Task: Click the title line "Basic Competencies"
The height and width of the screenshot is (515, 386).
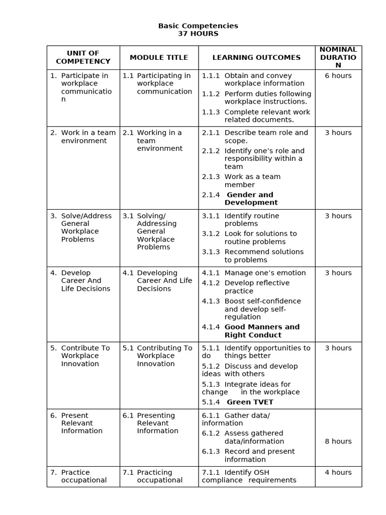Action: [198, 26]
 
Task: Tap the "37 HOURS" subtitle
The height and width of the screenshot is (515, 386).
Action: [198, 34]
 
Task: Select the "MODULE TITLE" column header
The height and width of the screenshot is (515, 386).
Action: [159, 57]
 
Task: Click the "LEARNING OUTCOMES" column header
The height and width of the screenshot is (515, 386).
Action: [256, 57]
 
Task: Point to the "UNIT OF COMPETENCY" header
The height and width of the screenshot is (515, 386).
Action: [83, 57]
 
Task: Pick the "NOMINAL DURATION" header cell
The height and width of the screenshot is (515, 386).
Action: [338, 57]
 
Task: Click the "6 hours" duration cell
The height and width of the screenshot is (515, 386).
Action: [338, 76]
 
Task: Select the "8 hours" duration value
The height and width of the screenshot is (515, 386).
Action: [338, 442]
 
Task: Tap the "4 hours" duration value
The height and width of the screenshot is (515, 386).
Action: [338, 473]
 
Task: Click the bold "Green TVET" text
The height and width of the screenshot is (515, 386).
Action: [250, 402]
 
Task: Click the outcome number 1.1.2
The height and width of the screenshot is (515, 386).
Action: [211, 94]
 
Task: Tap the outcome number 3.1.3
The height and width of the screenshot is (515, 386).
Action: [211, 252]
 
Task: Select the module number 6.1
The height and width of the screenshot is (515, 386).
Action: [128, 415]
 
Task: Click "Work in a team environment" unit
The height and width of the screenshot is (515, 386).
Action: [88, 137]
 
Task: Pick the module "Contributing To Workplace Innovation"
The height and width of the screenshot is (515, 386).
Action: [164, 356]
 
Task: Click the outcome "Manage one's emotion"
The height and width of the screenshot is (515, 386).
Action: [265, 273]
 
